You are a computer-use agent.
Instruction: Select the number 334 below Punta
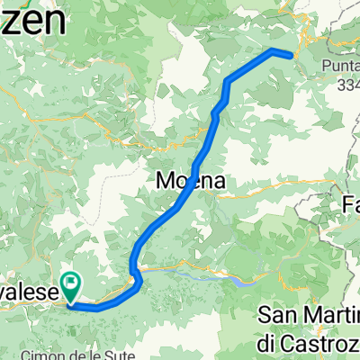(x=346, y=85)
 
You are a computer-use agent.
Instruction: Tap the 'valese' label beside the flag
(x=31, y=292)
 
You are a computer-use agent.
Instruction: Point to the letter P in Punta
(x=325, y=64)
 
